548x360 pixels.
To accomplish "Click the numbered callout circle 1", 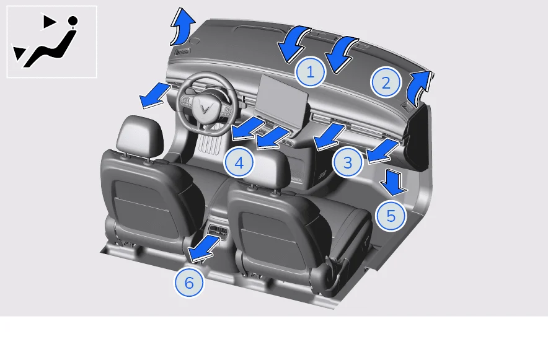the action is (310, 72).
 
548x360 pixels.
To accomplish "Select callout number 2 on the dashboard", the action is (386, 83).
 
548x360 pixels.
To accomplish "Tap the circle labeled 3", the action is (347, 162).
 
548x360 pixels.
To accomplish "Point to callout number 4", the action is (239, 162).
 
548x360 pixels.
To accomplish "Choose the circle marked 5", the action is (391, 216).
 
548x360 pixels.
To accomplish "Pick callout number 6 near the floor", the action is (188, 282).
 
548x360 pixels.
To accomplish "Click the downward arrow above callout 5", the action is (394, 182).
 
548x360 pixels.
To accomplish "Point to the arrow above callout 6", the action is (204, 248).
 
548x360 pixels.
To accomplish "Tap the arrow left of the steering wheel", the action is (154, 95).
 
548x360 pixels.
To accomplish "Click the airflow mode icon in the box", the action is (51, 42).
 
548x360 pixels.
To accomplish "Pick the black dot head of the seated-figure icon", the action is (73, 20).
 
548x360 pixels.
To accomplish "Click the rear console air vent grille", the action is (218, 230).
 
